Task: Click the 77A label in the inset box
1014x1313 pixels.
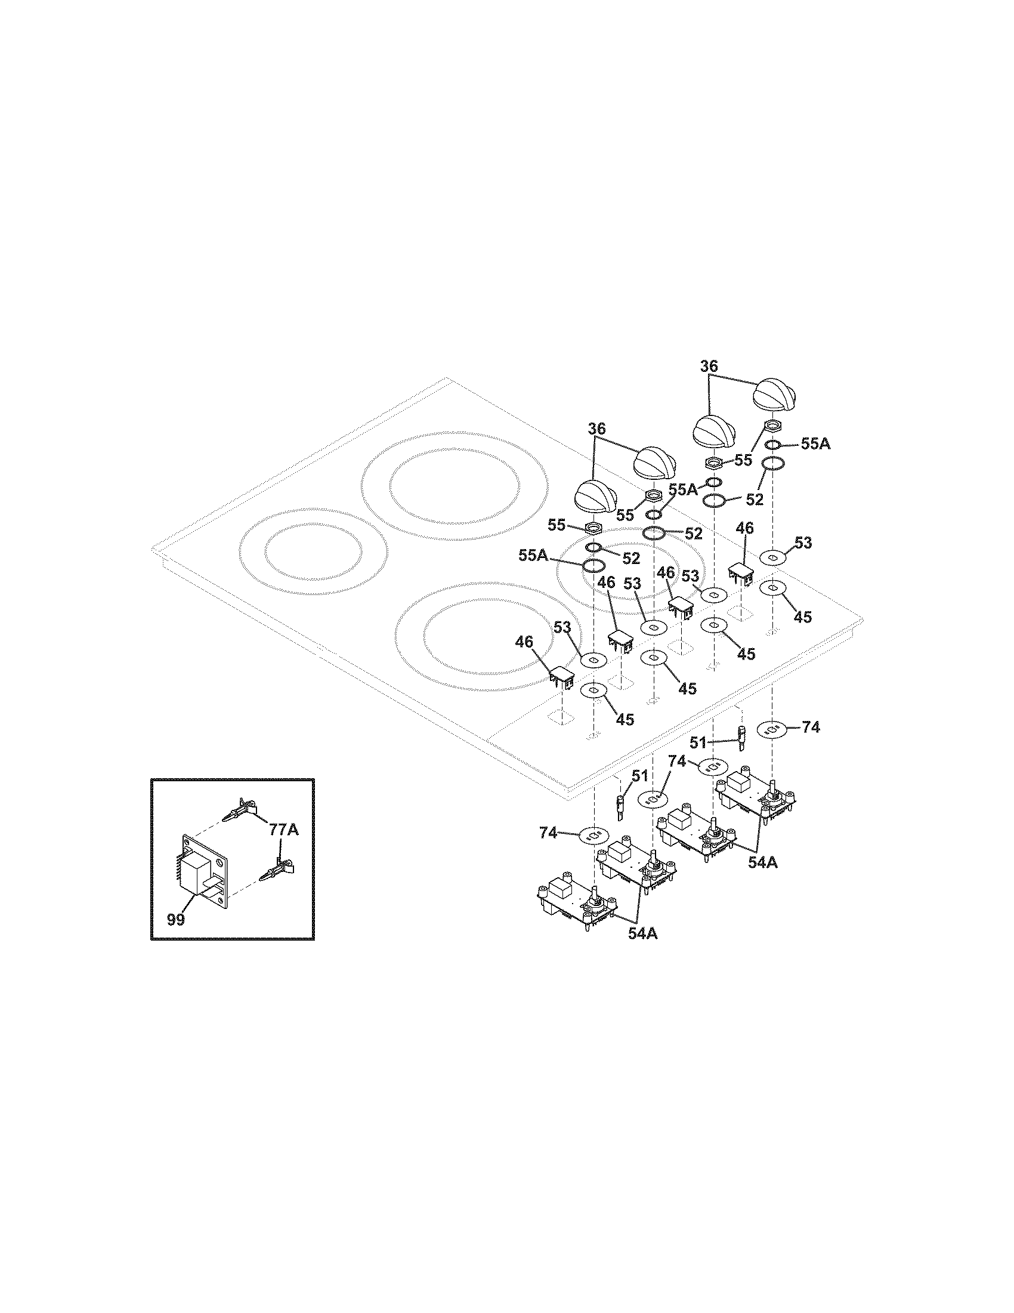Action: coord(283,831)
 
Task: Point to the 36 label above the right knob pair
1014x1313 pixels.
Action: coord(709,365)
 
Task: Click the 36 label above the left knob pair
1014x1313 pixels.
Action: coord(596,429)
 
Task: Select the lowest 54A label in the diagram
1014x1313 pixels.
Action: coord(643,951)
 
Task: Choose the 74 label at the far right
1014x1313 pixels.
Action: coord(811,728)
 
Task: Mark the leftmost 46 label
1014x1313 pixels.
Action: coord(524,642)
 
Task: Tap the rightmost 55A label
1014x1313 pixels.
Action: coord(815,444)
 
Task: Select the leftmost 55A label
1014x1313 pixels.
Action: coord(533,556)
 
